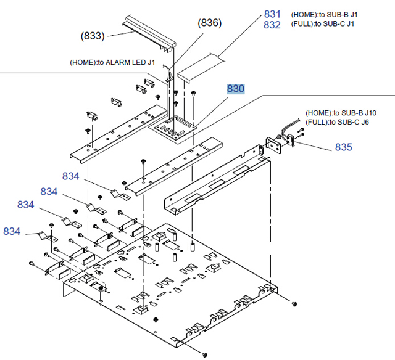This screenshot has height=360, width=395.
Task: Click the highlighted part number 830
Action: pos(236,89)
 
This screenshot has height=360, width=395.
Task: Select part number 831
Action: pos(272,14)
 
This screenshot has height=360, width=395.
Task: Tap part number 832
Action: pos(272,25)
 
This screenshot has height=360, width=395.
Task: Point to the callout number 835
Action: pos(343,147)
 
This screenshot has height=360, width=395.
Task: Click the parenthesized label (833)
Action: pos(93,36)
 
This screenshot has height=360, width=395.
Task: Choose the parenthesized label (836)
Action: pos(210,23)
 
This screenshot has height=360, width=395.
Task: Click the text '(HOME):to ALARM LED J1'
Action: pos(117,62)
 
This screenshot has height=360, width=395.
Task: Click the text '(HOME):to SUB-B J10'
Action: pos(340,113)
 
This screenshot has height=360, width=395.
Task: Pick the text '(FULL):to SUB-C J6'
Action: pos(338,122)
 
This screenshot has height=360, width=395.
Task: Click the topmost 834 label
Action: pos(71,176)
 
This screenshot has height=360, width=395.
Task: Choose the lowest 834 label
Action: pos(12,231)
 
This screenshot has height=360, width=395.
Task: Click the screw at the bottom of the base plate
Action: pos(204,354)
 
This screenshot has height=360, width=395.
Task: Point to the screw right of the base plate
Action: pos(294,304)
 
